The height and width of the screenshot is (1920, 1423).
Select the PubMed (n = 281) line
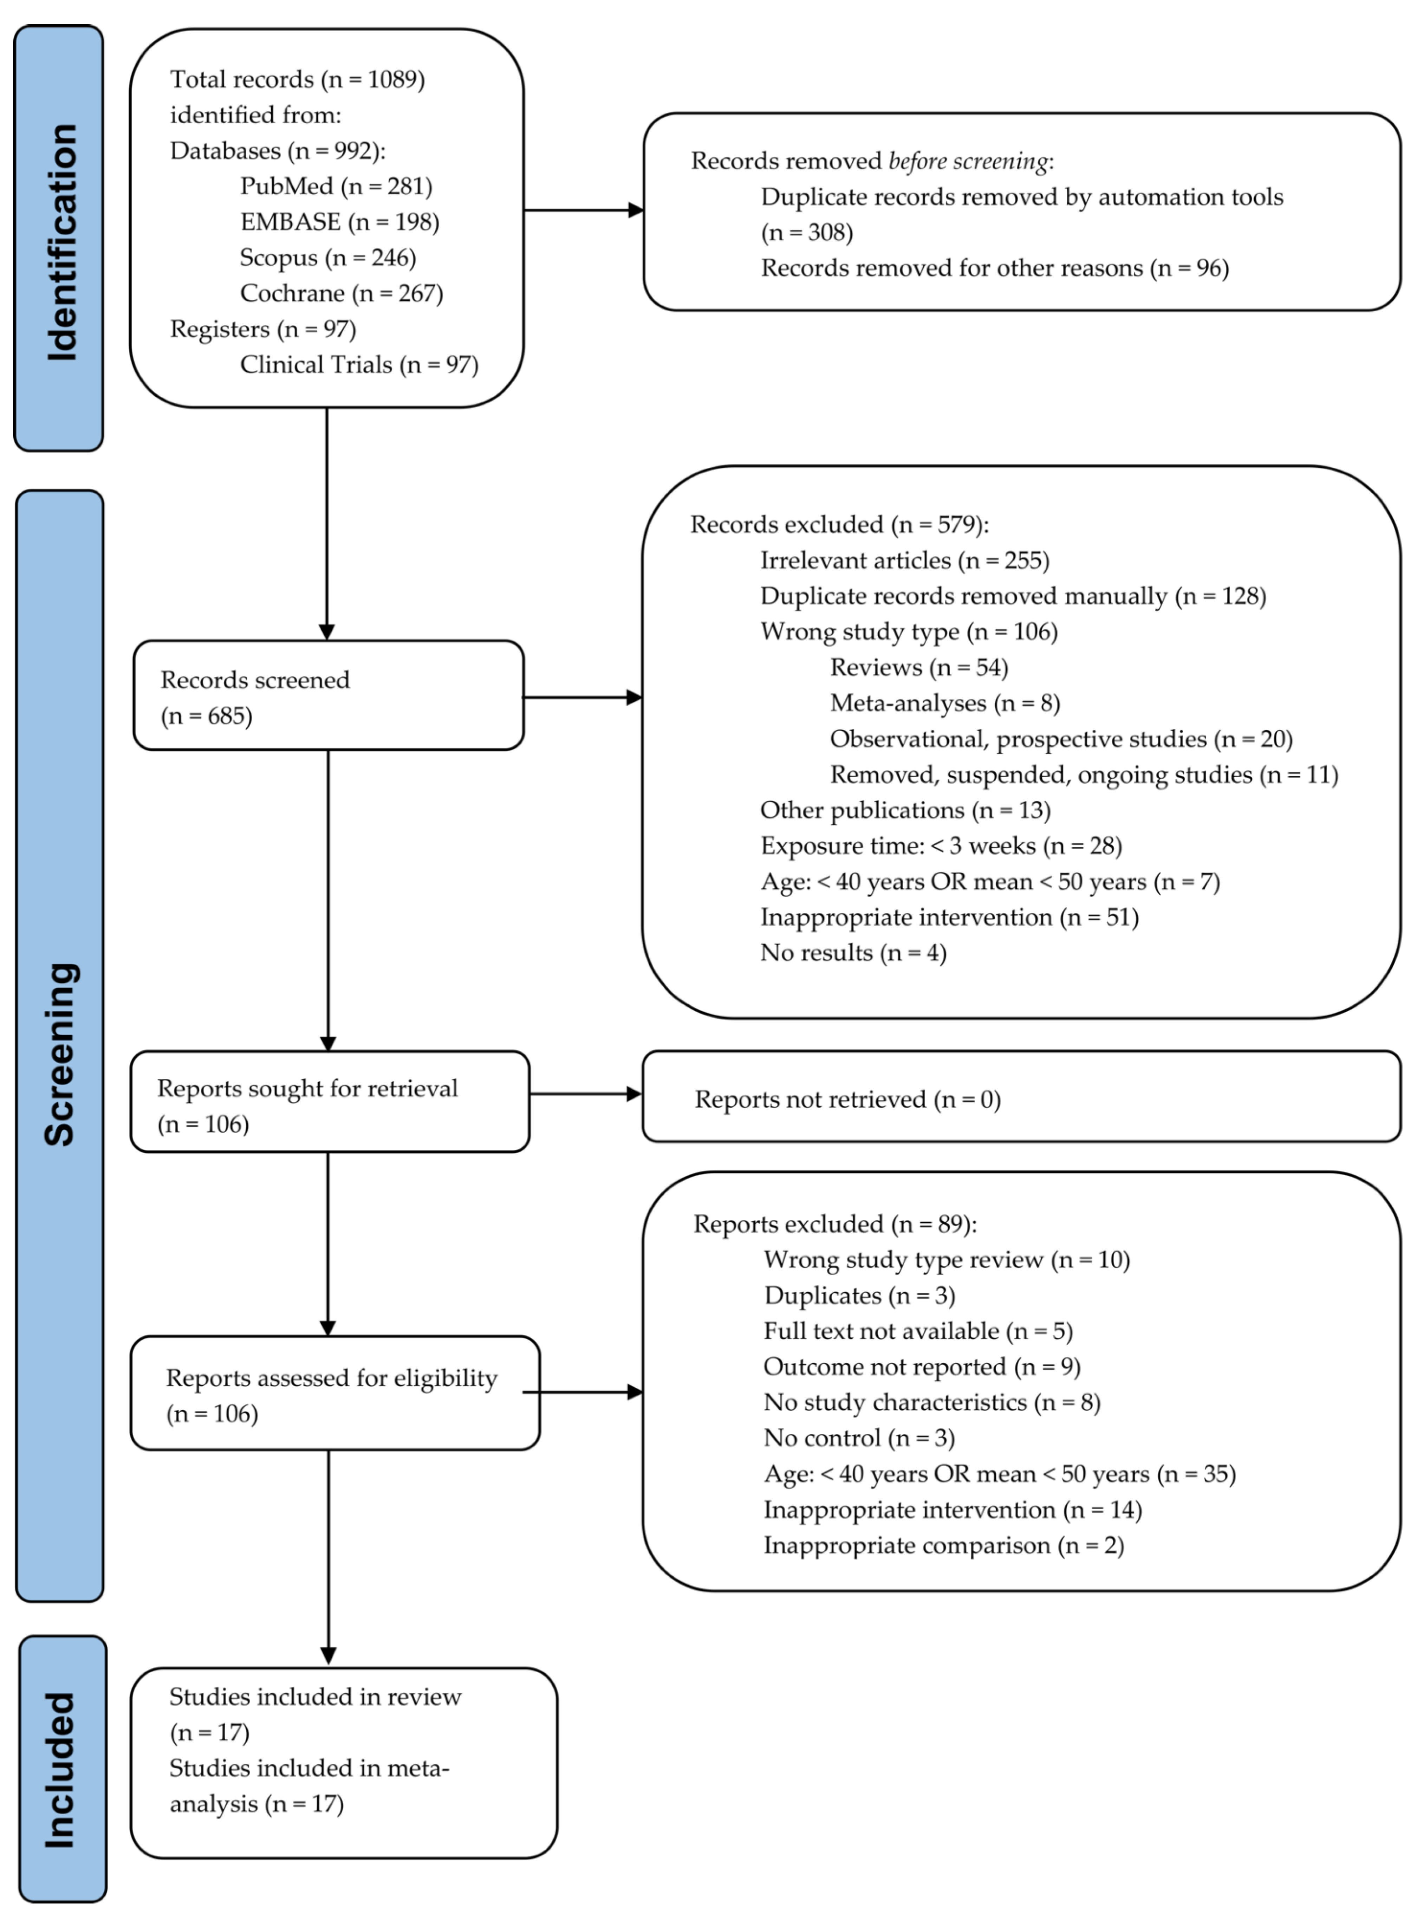tap(336, 186)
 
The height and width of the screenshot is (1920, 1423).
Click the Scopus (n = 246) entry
tap(327, 258)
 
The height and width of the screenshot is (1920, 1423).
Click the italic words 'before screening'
tap(968, 161)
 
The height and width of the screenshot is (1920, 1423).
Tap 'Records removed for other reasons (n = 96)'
tap(994, 268)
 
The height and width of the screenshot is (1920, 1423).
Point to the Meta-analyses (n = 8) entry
tap(944, 703)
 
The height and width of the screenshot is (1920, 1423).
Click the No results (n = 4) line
tap(853, 953)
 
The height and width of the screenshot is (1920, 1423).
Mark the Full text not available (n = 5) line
tap(917, 1332)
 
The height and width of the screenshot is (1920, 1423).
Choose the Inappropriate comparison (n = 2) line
tap(943, 1545)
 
